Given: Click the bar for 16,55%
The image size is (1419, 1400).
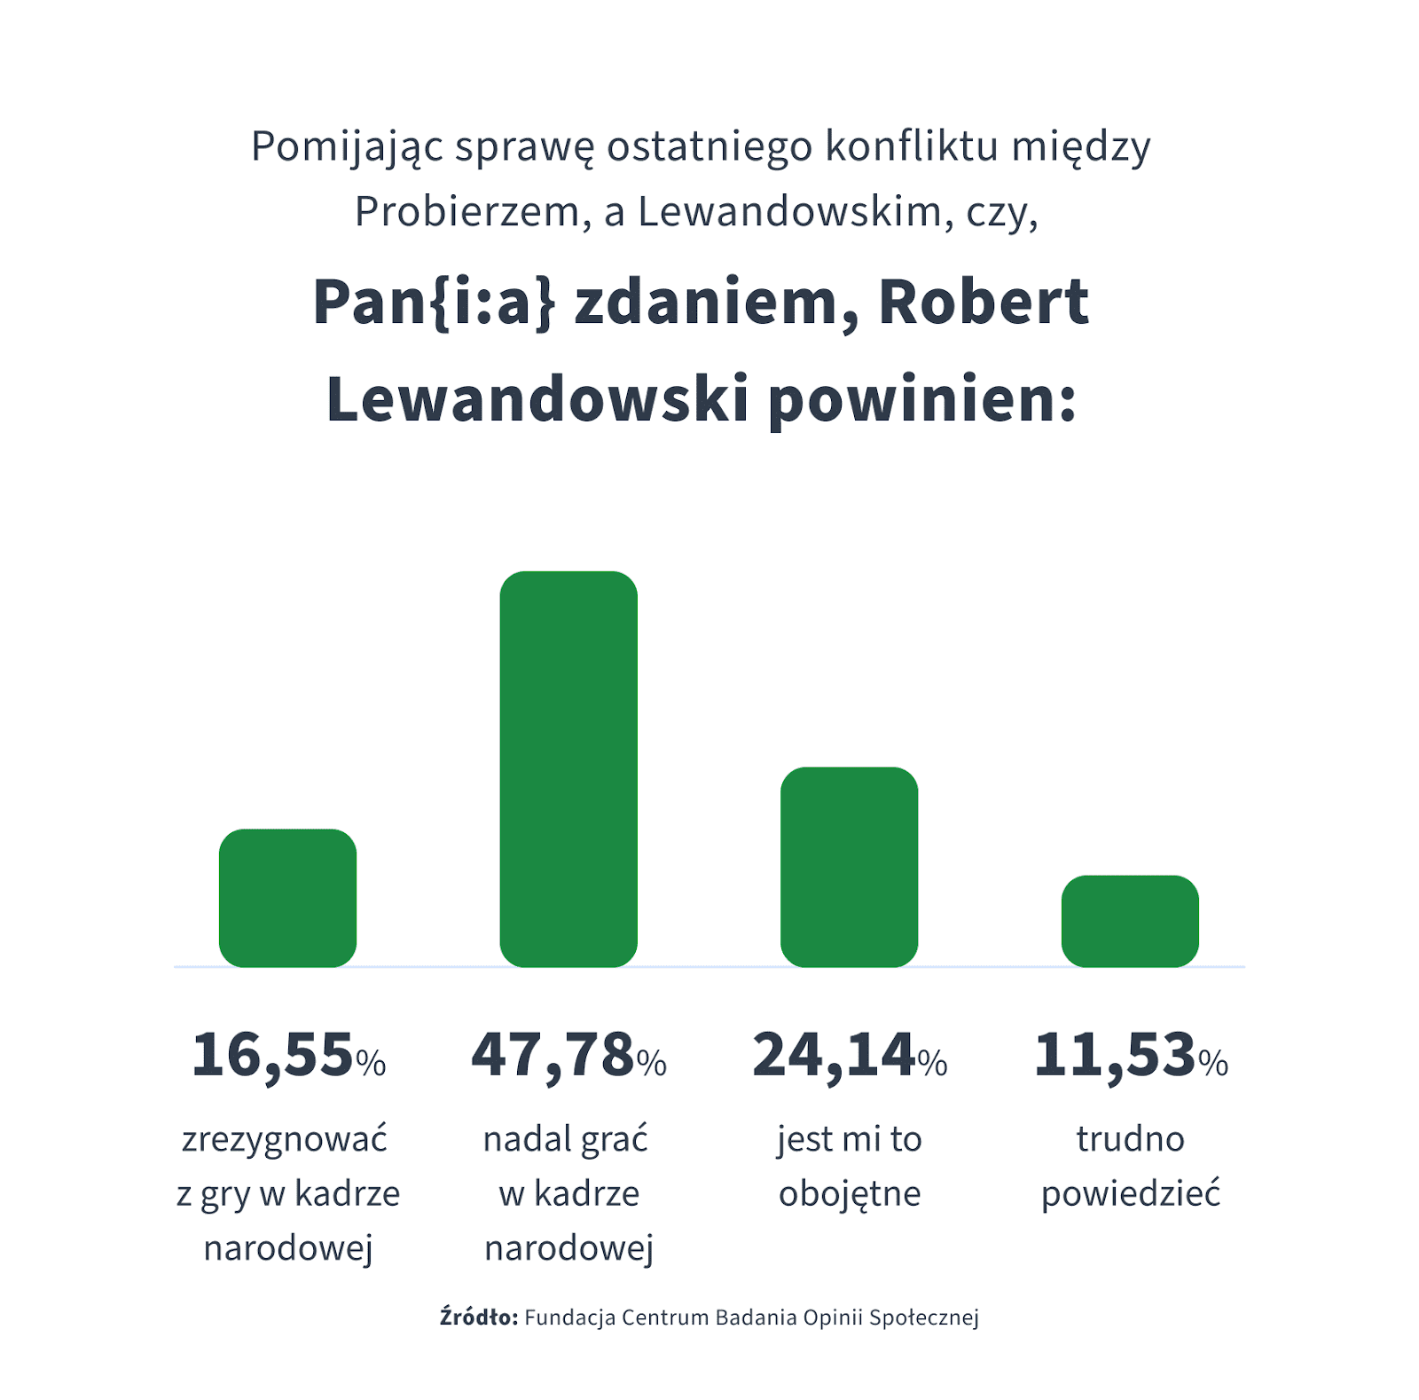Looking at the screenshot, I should (x=287, y=898).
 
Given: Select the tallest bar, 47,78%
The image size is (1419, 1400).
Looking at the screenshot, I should (x=568, y=768).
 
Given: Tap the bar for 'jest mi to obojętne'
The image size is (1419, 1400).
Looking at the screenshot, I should (x=849, y=867).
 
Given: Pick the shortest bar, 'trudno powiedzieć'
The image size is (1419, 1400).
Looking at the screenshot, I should (x=1130, y=921).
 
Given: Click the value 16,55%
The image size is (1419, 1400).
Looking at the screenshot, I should (x=288, y=1056).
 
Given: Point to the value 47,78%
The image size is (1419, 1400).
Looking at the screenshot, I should (x=568, y=1056).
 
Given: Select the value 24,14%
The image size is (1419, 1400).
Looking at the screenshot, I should (x=850, y=1056).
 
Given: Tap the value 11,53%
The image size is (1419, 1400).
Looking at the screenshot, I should (x=1131, y=1056).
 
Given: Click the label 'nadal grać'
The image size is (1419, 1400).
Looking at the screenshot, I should (x=566, y=1139).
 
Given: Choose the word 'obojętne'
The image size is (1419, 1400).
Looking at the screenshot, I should (x=850, y=1194).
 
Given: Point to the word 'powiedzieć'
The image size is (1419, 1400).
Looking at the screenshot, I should (x=1131, y=1194).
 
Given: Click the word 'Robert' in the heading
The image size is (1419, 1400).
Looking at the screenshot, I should (x=983, y=303).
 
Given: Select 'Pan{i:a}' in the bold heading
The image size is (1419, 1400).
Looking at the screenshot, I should (x=435, y=303).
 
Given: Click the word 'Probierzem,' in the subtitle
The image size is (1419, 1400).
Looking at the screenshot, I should (x=473, y=212).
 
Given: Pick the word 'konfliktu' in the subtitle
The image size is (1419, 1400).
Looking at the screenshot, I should (x=912, y=146).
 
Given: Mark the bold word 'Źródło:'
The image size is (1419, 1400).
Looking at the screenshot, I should (x=479, y=1317).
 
